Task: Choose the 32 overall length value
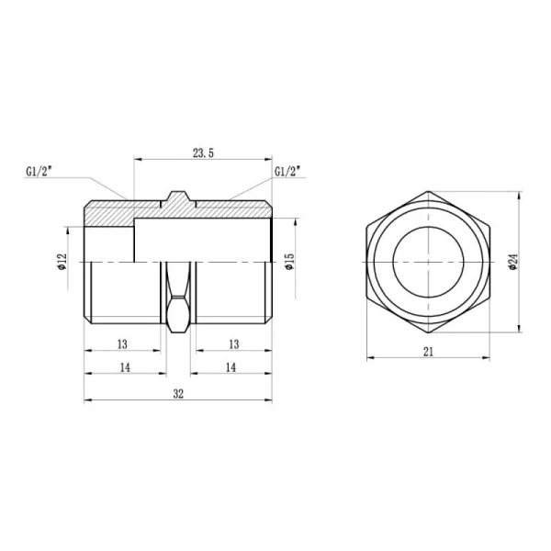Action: (x=178, y=393)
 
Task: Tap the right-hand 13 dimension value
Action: (x=233, y=343)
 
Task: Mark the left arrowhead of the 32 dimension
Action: (x=87, y=401)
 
